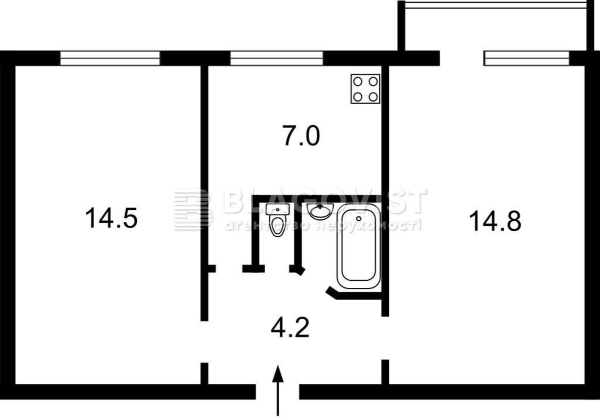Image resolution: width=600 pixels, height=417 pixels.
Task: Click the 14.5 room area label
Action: point(111,218)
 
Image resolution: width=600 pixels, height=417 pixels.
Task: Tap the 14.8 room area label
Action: point(495,221)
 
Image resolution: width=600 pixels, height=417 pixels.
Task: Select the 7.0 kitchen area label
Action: point(301,136)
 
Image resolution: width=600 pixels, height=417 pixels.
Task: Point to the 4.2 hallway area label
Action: point(290,328)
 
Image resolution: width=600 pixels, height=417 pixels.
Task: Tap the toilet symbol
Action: point(277,220)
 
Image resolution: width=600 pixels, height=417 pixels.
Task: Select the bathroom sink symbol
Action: point(320,211)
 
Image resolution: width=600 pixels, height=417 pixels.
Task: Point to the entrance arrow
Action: point(278,390)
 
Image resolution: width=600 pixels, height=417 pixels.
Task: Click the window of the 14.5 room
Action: point(110,58)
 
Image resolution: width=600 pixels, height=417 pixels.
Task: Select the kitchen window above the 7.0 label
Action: point(276,58)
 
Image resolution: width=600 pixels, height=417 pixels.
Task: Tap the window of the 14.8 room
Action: point(526,58)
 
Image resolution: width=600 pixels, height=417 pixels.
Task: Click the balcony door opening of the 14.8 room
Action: point(462,58)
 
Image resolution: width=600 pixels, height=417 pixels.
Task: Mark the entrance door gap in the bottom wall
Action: point(277,392)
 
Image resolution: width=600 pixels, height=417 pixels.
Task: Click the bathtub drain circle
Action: point(358,219)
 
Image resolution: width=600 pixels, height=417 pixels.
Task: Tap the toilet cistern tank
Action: point(277,209)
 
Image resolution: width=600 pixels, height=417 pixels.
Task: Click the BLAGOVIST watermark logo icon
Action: point(193,210)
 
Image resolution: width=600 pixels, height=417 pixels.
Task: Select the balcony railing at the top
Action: point(495,6)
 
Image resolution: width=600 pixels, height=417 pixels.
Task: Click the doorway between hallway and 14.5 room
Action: point(204,342)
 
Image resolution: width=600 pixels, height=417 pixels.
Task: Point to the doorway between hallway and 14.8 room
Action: point(385,338)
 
